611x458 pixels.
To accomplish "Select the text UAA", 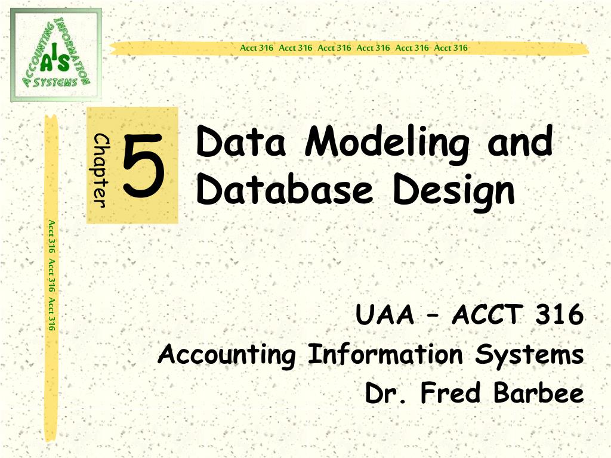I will pyautogui.click(x=384, y=315).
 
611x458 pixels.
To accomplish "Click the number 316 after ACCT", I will pyautogui.click(x=559, y=315).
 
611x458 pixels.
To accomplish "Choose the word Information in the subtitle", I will pyautogui.click(x=385, y=355).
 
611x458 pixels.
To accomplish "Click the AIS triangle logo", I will pyautogui.click(x=56, y=55).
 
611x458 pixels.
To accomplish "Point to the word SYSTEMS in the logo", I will pyautogui.click(x=56, y=82).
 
